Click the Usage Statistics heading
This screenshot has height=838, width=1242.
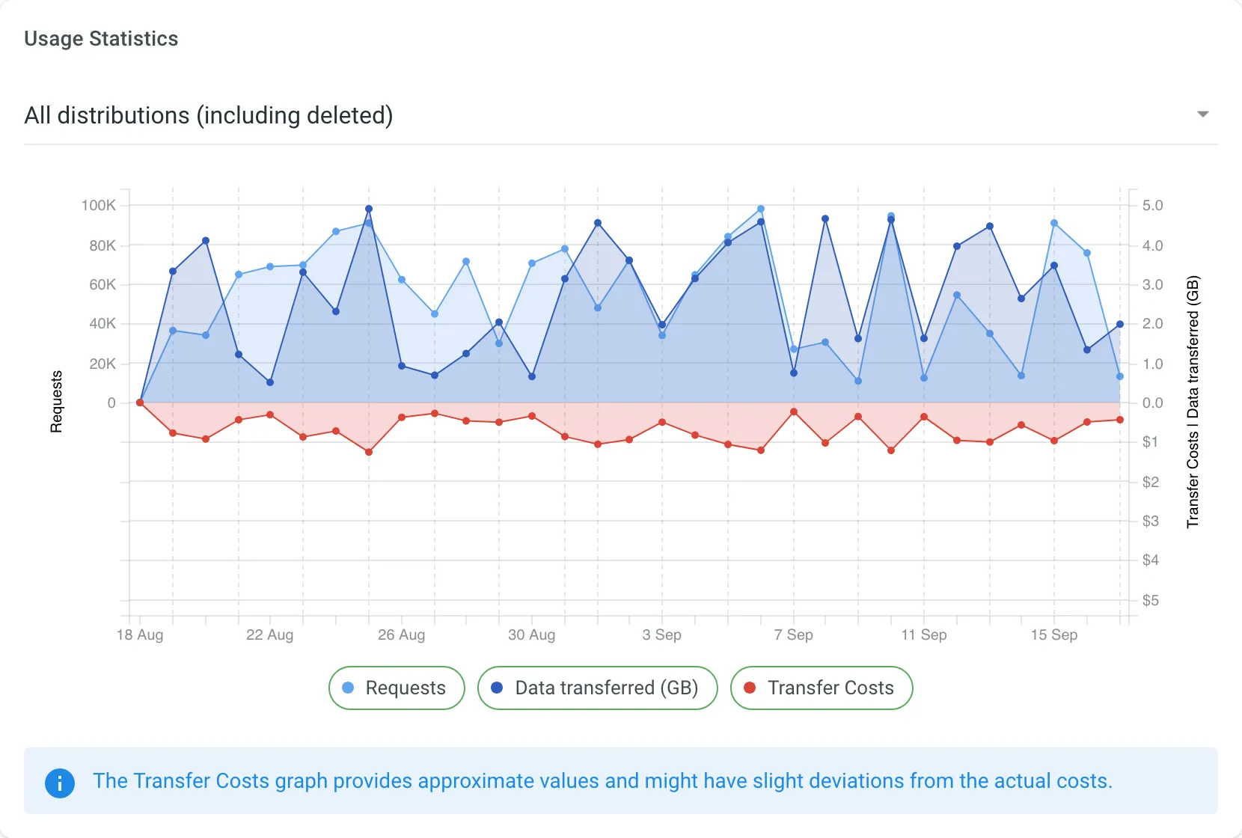(101, 39)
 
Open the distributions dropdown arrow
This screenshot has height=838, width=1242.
(1202, 114)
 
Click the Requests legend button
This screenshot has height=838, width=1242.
(397, 688)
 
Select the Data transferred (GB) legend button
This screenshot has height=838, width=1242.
(597, 688)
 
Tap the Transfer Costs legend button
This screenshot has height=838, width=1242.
(821, 688)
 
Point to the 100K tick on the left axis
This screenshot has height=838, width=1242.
(99, 205)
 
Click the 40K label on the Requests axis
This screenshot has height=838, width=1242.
(103, 324)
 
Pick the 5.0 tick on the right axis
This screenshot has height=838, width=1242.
(1152, 205)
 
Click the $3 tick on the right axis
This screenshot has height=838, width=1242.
(1150, 521)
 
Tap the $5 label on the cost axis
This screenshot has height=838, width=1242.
(1150, 600)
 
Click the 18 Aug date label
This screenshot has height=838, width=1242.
(140, 634)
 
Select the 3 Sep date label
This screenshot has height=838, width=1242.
(661, 634)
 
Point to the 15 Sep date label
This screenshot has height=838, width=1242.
(1053, 634)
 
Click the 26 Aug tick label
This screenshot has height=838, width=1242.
(401, 634)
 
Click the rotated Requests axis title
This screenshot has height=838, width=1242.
(56, 401)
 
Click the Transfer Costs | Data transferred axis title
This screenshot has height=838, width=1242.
(1193, 401)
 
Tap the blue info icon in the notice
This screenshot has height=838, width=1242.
(60, 783)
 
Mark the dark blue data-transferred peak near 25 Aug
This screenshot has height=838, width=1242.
(368, 209)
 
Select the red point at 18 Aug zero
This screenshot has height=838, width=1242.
(140, 403)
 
